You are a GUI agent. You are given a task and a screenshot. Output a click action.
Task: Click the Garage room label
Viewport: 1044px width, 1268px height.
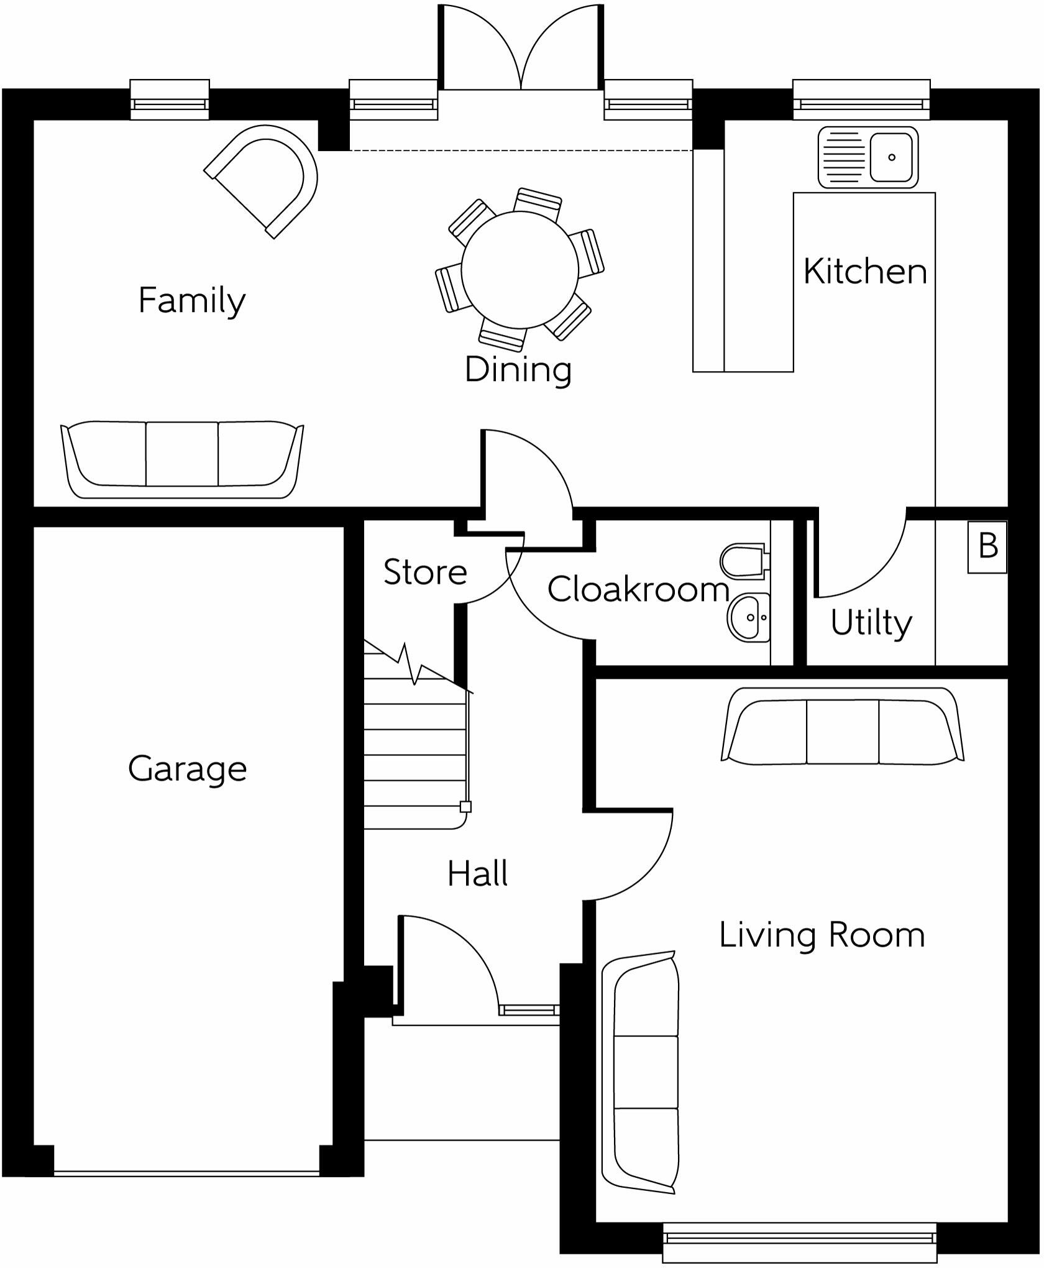pos(188,770)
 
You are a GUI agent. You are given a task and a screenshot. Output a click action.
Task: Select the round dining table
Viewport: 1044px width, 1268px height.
pos(520,270)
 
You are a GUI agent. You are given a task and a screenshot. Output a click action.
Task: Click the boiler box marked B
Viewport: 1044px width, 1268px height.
pos(987,546)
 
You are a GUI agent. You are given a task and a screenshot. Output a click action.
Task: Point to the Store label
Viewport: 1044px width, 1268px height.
pos(425,572)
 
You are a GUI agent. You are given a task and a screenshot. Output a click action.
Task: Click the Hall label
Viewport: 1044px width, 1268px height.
pos(477,873)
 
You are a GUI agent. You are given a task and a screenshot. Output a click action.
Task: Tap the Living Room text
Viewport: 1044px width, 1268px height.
pos(822,935)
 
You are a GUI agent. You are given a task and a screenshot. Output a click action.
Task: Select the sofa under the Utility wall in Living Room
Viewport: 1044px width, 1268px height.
pos(843,726)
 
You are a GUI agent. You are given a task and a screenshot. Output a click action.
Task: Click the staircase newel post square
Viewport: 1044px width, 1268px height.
pos(465,807)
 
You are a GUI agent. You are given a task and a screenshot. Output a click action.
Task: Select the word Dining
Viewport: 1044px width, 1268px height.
pos(518,369)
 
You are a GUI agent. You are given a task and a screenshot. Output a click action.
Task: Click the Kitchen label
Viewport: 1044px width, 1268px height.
pos(865,272)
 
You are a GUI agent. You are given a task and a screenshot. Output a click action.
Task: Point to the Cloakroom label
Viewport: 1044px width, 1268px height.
pos(638,589)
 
